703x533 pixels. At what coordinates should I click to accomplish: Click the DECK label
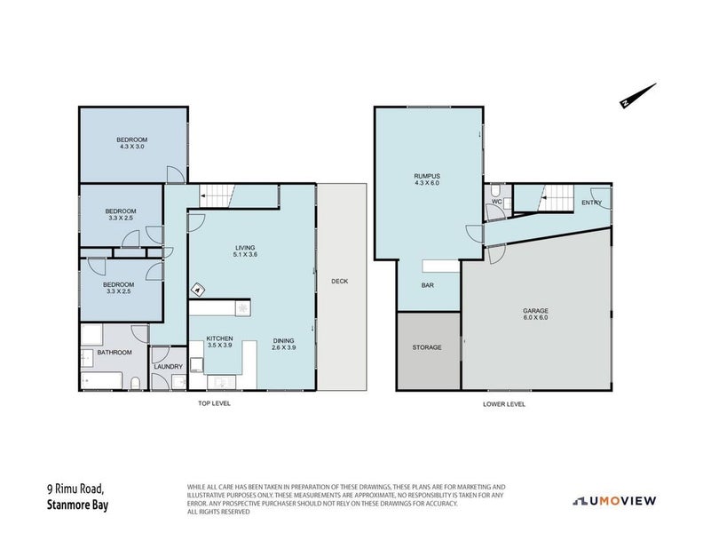coord(339,282)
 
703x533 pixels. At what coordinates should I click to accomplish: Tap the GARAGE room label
coord(535,310)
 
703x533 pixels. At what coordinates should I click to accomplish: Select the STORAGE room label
coord(427,347)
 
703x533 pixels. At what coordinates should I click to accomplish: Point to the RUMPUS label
coord(427,176)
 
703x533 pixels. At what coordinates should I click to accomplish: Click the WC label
coord(497,202)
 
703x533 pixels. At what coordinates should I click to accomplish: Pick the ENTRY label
coord(591,203)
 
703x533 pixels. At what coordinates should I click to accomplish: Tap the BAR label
coord(427,285)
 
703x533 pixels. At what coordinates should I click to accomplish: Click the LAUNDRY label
coord(168,367)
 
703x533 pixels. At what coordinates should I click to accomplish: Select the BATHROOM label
coord(115,353)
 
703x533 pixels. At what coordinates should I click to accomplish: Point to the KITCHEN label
coord(219,338)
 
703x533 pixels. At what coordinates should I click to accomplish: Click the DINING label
coord(283,340)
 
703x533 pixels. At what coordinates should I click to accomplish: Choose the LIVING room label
coord(245,248)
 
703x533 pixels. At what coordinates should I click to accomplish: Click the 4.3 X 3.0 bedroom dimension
coord(132,147)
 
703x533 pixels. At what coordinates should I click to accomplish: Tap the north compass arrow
coord(638,95)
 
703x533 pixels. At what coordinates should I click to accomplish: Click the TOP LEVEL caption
coord(214,404)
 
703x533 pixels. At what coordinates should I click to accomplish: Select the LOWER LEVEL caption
coord(504,404)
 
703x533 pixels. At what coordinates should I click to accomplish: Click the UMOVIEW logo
coord(614,501)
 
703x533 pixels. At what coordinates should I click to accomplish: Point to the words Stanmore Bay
coord(77,505)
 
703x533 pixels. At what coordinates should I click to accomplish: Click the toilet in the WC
coord(495,190)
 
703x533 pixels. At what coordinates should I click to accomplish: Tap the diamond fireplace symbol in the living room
coord(197,290)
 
